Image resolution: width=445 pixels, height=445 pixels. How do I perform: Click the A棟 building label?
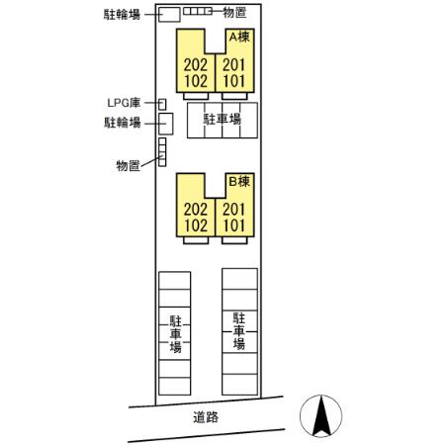pos(239,37)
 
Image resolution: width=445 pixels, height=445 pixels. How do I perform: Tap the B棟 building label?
pos(239,181)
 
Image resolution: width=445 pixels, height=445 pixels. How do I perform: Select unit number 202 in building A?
pos(196,65)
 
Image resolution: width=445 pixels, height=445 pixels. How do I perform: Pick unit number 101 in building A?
pos(234,81)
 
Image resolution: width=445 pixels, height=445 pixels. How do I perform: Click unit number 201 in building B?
pos(234,210)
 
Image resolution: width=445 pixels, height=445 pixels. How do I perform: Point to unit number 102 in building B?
pos(196,225)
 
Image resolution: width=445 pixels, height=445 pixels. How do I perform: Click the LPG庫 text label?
pos(124,103)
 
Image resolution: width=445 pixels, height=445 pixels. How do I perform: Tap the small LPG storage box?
pos(162,104)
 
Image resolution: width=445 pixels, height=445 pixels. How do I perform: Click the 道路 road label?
pos(206,417)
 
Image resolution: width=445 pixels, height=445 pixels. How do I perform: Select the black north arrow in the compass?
pos(321,416)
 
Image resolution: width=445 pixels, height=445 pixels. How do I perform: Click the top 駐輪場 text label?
pos(122,15)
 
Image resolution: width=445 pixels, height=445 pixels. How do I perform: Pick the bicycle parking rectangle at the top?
pos(169,15)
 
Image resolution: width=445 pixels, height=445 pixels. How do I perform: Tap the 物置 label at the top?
pos(234,13)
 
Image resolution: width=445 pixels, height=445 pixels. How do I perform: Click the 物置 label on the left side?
pos(128,165)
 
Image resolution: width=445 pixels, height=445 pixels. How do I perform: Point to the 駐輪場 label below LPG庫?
pos(123,123)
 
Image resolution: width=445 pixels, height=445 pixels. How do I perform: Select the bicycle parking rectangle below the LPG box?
pos(166,124)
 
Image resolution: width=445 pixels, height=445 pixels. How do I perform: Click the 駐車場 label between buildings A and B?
pos(222,119)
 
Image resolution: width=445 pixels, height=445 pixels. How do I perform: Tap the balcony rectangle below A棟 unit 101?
pos(234,96)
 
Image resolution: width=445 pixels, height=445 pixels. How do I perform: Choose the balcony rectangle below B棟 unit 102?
pos(196,240)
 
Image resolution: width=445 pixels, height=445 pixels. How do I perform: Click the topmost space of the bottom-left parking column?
pos(175,281)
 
